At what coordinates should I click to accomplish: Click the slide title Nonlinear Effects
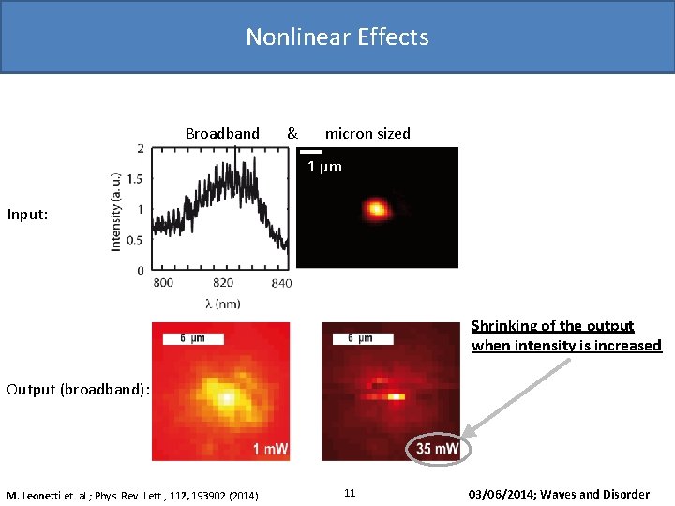coord(337,37)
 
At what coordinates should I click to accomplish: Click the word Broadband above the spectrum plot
coord(222,134)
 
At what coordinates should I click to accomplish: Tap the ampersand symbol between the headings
coord(292,134)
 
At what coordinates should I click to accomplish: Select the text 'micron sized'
coord(367,134)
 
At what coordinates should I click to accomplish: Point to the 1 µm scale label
coord(325,168)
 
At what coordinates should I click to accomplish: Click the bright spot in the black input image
coord(377,208)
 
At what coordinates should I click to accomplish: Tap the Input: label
coord(27,215)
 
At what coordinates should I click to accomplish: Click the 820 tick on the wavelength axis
coord(223,283)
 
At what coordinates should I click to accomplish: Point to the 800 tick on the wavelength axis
coord(163,283)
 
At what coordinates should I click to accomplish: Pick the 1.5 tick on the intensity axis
coord(135,179)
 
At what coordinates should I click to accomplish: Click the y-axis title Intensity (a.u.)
coord(116,211)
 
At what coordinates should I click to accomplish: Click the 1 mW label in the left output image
coord(270,450)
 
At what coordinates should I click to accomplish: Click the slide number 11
coord(350,493)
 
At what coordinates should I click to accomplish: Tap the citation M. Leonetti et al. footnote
coord(133,495)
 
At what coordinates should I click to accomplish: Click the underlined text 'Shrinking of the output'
coord(552,326)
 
